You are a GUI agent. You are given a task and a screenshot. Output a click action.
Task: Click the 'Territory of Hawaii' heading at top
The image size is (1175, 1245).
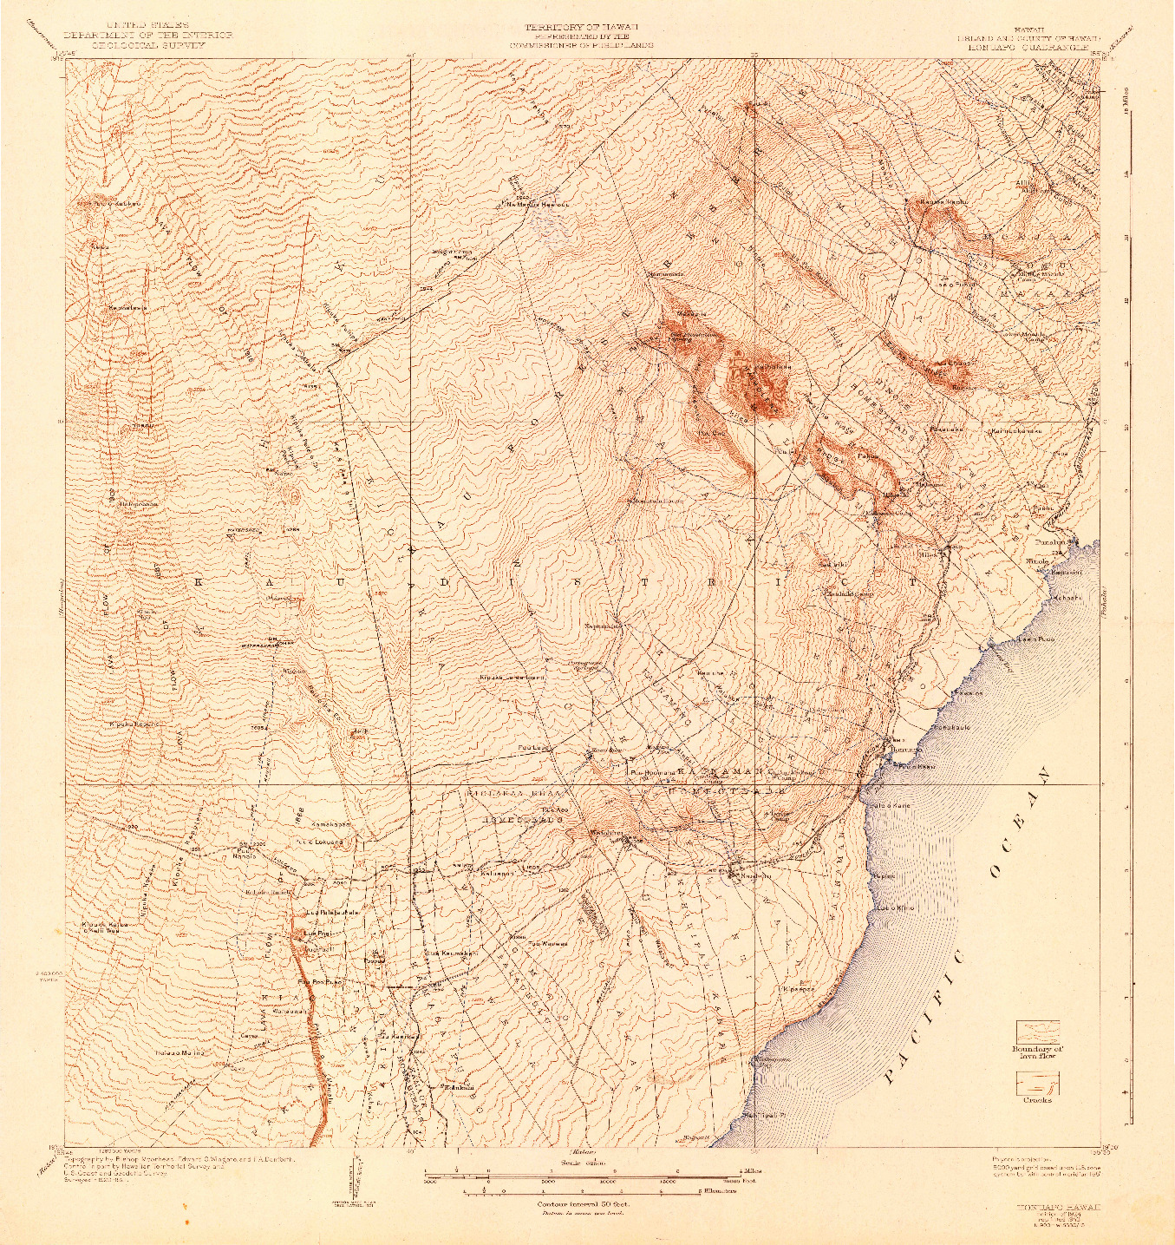581,26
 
